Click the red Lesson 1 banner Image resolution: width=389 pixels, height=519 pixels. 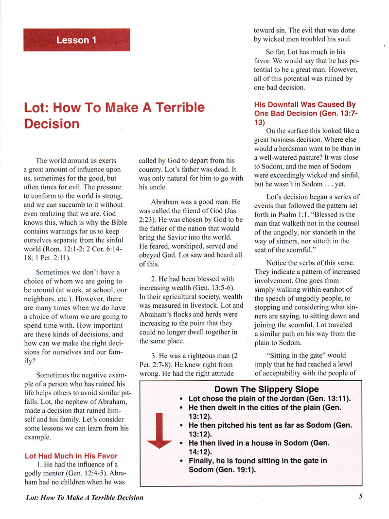pyautogui.click(x=76, y=40)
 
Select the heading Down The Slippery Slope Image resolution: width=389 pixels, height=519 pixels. pyautogui.click(x=266, y=389)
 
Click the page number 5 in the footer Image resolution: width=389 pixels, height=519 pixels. pyautogui.click(x=360, y=497)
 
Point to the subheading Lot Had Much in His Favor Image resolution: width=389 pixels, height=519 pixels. pyautogui.click(x=71, y=456)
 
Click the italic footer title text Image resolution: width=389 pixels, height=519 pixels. pyautogui.click(x=85, y=497)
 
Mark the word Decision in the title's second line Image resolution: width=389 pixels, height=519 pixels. pyautogui.click(x=52, y=124)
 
